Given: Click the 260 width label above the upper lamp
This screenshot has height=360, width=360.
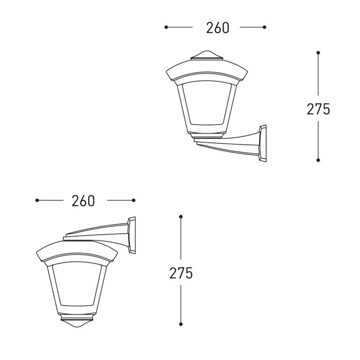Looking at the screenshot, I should tap(217, 28).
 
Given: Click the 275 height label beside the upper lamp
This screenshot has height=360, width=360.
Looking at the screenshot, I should tap(318, 109).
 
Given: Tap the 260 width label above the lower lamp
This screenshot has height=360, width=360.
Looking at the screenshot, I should tap(83, 201).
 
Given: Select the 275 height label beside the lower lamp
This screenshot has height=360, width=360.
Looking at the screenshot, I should tap(180, 273).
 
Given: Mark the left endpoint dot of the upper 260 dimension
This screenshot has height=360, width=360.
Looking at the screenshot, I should tap(166, 27).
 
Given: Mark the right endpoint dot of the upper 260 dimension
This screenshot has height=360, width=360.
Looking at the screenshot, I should tap(264, 27).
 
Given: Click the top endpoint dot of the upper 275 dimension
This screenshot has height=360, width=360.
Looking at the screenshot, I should tap(318, 52).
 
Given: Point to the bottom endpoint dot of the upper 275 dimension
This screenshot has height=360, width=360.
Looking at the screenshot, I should tap(318, 160).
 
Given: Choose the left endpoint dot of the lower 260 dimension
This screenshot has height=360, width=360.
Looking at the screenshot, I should tap(37, 201).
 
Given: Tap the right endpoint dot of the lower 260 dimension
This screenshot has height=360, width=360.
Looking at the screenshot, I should tap(134, 201).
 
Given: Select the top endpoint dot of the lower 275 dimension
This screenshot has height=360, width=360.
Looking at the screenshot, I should tap(180, 217).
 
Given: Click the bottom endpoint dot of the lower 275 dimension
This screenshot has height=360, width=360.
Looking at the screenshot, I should tap(180, 324).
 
